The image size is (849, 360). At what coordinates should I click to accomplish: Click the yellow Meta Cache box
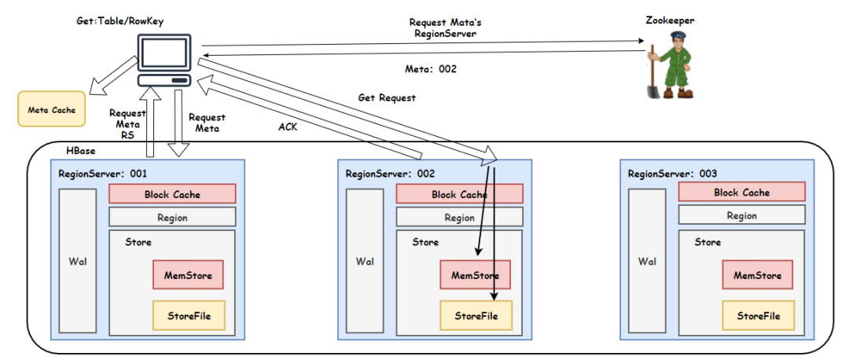pyautogui.click(x=51, y=110)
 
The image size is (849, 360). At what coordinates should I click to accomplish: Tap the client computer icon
pyautogui.click(x=165, y=61)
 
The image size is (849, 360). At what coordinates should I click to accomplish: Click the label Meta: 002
pyautogui.click(x=431, y=69)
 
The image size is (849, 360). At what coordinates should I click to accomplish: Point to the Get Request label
pyautogui.click(x=387, y=98)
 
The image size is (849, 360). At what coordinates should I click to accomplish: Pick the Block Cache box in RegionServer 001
pyautogui.click(x=172, y=194)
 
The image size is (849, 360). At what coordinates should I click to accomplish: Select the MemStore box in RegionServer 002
pyautogui.click(x=475, y=276)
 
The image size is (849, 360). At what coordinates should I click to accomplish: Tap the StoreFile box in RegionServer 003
pyautogui.click(x=759, y=316)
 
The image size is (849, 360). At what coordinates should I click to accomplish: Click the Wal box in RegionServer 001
pyautogui.click(x=77, y=261)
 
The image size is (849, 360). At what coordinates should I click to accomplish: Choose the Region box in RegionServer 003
pyautogui.click(x=741, y=215)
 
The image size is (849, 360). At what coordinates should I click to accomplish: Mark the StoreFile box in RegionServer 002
pyautogui.click(x=476, y=316)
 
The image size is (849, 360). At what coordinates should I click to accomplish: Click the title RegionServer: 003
pyautogui.click(x=672, y=173)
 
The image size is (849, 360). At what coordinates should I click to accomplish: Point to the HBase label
pyautogui.click(x=81, y=149)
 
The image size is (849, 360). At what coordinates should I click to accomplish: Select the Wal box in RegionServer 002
pyautogui.click(x=365, y=261)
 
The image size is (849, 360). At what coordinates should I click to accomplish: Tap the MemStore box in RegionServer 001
pyautogui.click(x=188, y=276)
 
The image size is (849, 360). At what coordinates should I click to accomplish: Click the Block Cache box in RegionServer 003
pyautogui.click(x=741, y=193)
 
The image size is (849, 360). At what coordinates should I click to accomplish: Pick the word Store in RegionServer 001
pyautogui.click(x=138, y=241)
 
